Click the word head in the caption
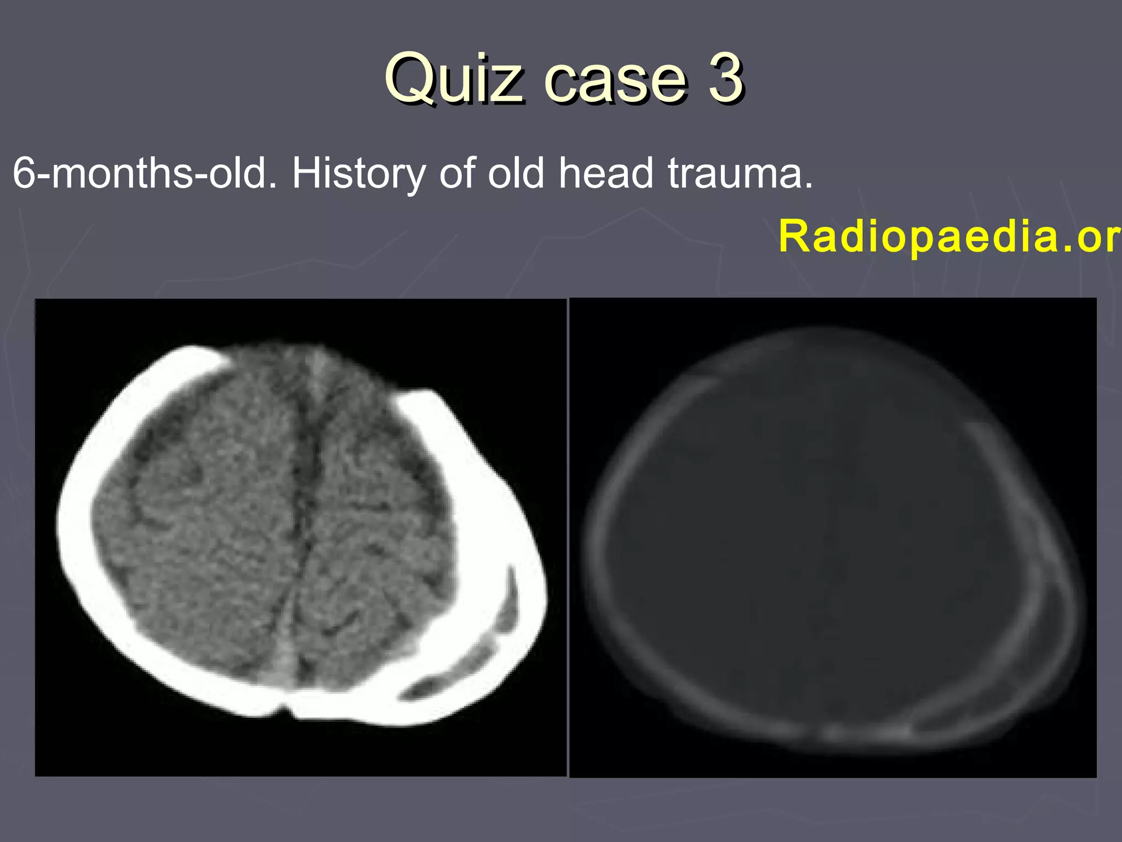(606, 174)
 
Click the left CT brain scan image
(300, 537)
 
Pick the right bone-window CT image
(833, 537)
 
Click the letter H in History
(306, 174)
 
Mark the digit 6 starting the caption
(24, 174)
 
